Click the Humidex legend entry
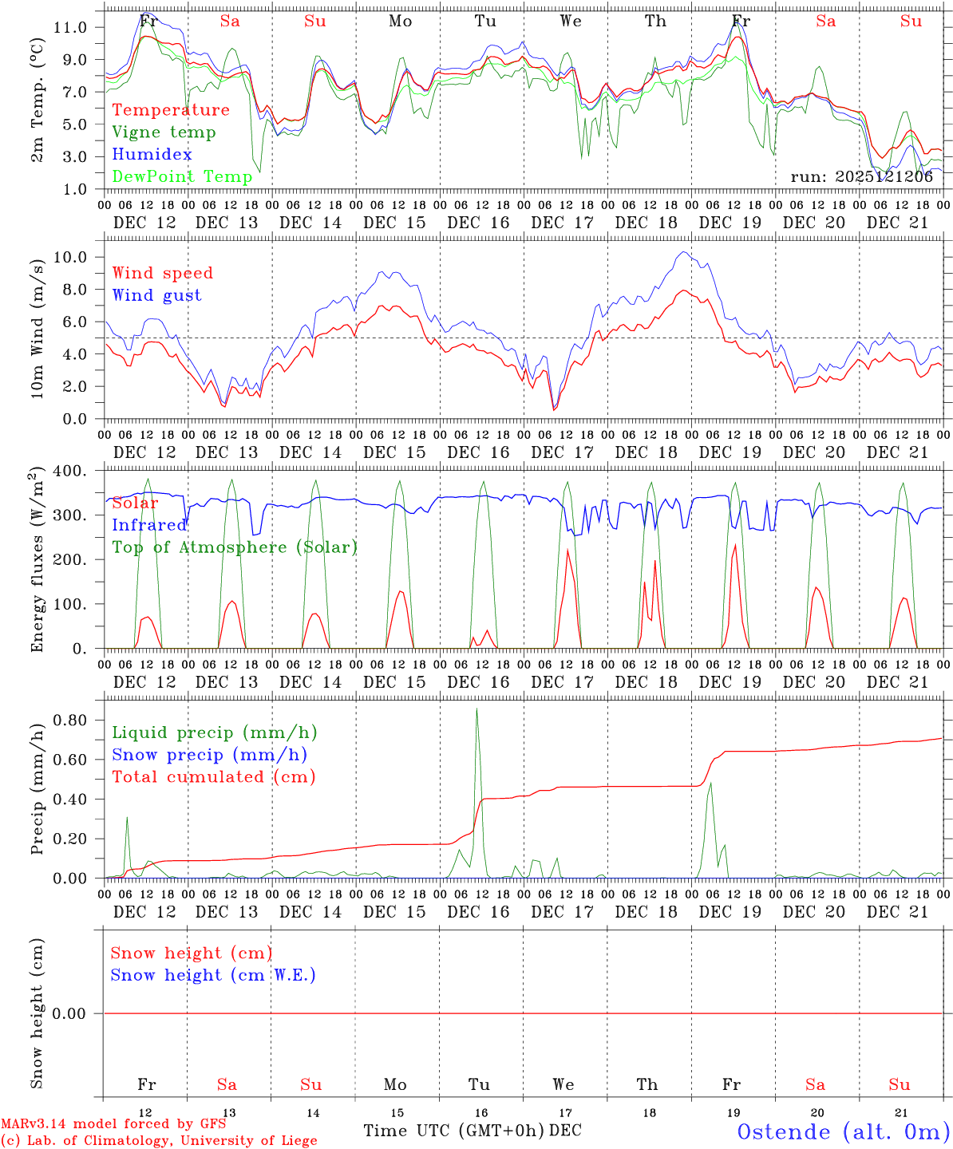[152, 155]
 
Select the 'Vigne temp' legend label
[164, 132]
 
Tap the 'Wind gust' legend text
[156, 295]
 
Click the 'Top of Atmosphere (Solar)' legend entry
[235, 547]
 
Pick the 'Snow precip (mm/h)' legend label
[209, 755]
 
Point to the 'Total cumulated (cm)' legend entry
[213, 777]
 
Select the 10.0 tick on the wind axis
[70, 257]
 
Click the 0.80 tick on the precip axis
[70, 721]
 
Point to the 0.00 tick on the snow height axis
[69, 1014]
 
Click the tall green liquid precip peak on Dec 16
[477, 709]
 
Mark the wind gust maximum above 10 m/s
[683, 253]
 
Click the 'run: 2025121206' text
[861, 177]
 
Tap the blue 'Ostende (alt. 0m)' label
[843, 1131]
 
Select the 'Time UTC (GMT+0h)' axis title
[453, 1131]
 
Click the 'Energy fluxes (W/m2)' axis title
[37, 561]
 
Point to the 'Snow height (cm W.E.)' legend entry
[213, 975]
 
